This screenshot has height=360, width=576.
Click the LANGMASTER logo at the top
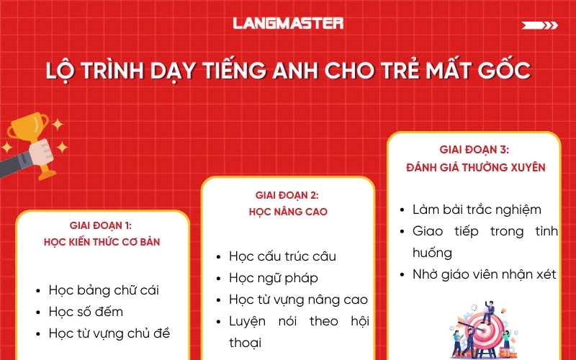click(288, 23)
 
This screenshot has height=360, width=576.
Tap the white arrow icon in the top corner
click(539, 25)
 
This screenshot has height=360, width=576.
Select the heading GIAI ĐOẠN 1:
click(102, 225)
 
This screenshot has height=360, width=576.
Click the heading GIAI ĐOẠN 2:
click(287, 195)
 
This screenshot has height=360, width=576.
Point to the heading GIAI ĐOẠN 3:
click(474, 150)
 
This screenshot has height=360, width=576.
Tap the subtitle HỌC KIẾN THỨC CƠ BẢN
click(102, 242)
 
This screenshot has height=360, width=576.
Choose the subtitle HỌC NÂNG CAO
click(287, 212)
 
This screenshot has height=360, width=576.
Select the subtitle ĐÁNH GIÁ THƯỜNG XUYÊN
click(474, 167)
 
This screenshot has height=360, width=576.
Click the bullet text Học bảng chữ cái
click(104, 290)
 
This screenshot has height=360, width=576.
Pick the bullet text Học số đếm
click(86, 312)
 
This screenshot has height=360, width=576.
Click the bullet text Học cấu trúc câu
click(282, 256)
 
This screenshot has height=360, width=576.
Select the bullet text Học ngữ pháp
click(274, 278)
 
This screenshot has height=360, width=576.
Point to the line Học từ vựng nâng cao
click(298, 300)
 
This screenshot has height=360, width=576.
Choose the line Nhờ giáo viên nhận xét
click(484, 275)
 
